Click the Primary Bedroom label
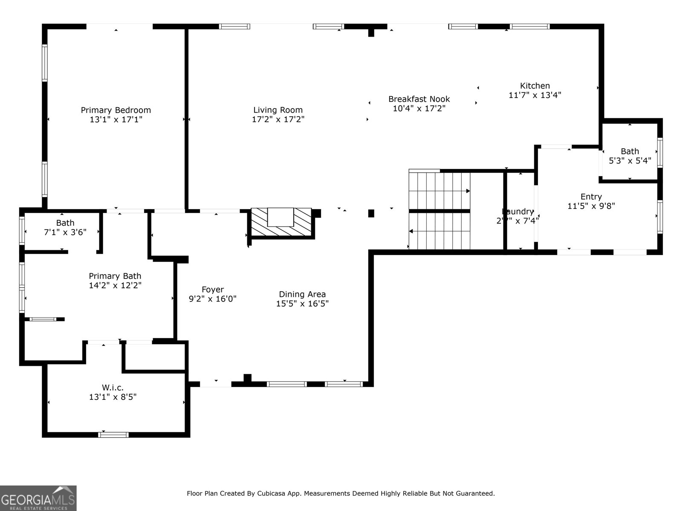click(x=116, y=110)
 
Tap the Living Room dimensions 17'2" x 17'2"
click(x=278, y=120)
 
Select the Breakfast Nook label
click(x=419, y=99)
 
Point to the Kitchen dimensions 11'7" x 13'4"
click(x=535, y=95)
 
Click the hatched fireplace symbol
click(x=282, y=222)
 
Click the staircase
click(x=439, y=210)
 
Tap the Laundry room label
click(x=517, y=212)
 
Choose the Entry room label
click(x=591, y=197)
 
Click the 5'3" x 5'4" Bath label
click(x=630, y=152)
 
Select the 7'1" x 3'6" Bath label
click(x=65, y=223)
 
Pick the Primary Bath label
click(x=115, y=276)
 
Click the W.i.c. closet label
click(x=113, y=388)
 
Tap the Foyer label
click(x=212, y=290)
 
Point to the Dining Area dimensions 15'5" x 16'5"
click(x=302, y=304)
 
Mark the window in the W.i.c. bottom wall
click(x=113, y=435)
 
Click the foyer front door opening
click(x=216, y=384)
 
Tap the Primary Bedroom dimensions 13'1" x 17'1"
click(x=116, y=120)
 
